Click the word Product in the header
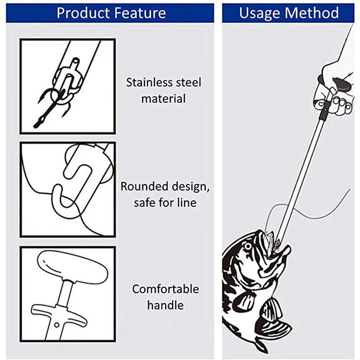[x=81, y=13]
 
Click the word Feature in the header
[x=138, y=13]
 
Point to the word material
[x=163, y=98]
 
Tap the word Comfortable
[x=165, y=289]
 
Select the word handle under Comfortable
[x=165, y=305]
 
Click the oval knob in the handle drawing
[x=72, y=266]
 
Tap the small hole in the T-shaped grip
[x=57, y=325]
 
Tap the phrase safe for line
[x=165, y=203]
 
